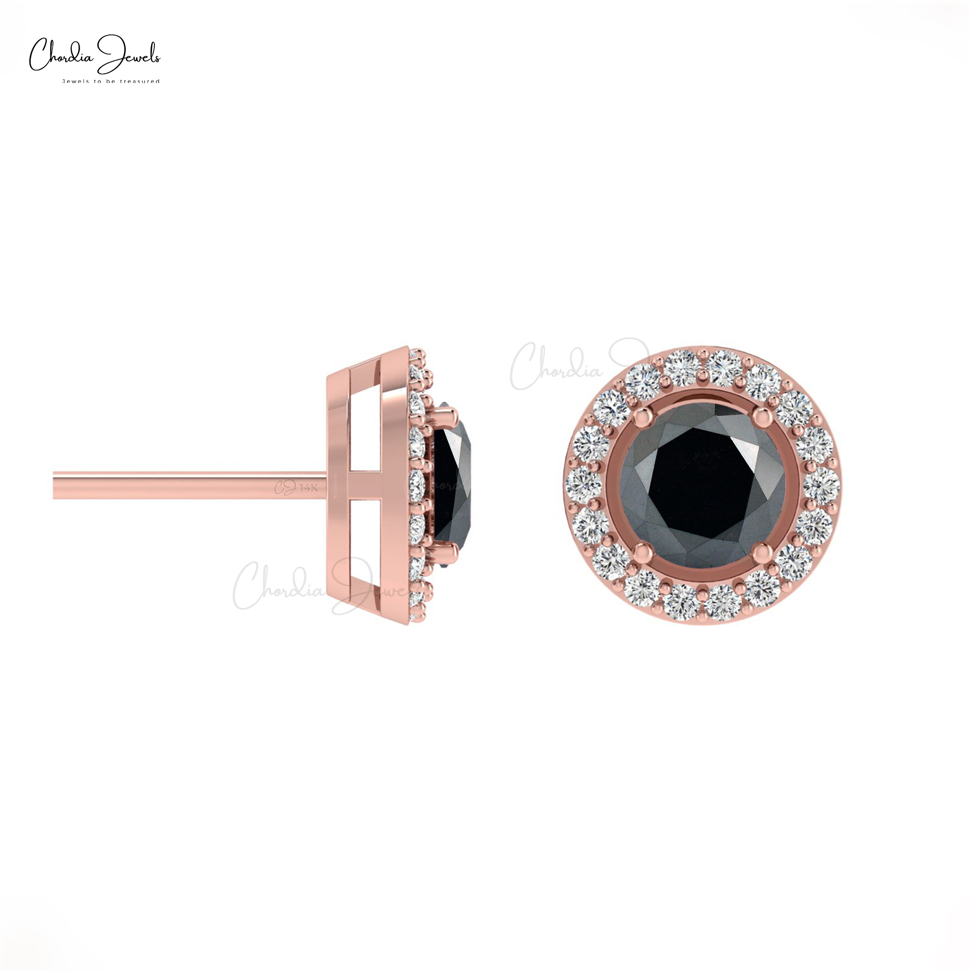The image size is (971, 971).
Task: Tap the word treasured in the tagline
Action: (x=141, y=81)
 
